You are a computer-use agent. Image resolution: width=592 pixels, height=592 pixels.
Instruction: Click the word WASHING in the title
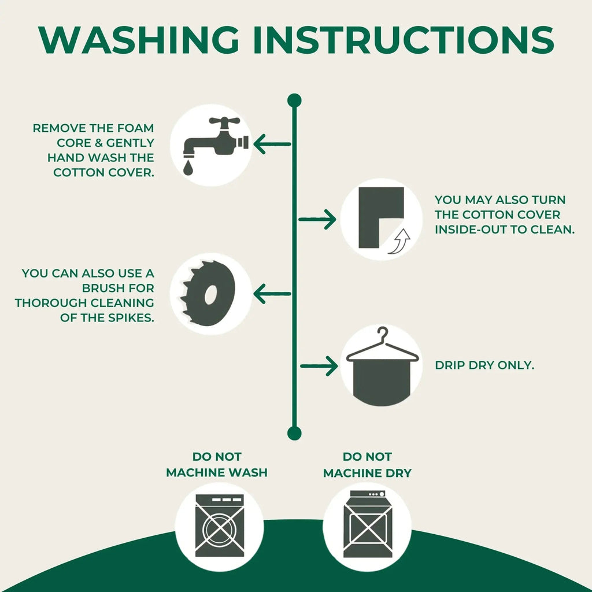(x=139, y=40)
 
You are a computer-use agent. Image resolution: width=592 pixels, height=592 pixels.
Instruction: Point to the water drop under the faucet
(x=188, y=168)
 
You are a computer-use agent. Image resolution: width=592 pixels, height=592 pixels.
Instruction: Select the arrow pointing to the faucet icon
(x=272, y=144)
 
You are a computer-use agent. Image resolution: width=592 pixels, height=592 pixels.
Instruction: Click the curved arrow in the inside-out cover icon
(x=400, y=241)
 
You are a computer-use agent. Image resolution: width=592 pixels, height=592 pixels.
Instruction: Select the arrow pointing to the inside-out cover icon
(x=317, y=219)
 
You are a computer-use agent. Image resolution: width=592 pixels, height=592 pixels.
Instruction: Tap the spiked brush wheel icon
(x=208, y=293)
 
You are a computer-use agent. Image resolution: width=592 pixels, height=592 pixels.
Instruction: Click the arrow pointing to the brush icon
(x=272, y=293)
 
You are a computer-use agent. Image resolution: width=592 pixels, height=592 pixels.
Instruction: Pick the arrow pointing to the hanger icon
(x=319, y=366)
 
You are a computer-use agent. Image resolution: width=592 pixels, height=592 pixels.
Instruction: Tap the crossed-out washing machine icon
(x=219, y=526)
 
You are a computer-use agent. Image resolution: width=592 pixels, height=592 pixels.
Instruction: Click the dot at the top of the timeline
(x=294, y=101)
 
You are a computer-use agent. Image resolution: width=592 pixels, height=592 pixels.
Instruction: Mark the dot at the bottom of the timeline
(x=294, y=433)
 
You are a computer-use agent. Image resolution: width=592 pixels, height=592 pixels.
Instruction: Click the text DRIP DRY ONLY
(x=484, y=365)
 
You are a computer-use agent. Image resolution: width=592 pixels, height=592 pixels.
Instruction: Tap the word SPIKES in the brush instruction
(x=131, y=318)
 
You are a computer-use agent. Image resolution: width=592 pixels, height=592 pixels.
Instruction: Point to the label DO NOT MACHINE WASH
(x=217, y=464)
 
